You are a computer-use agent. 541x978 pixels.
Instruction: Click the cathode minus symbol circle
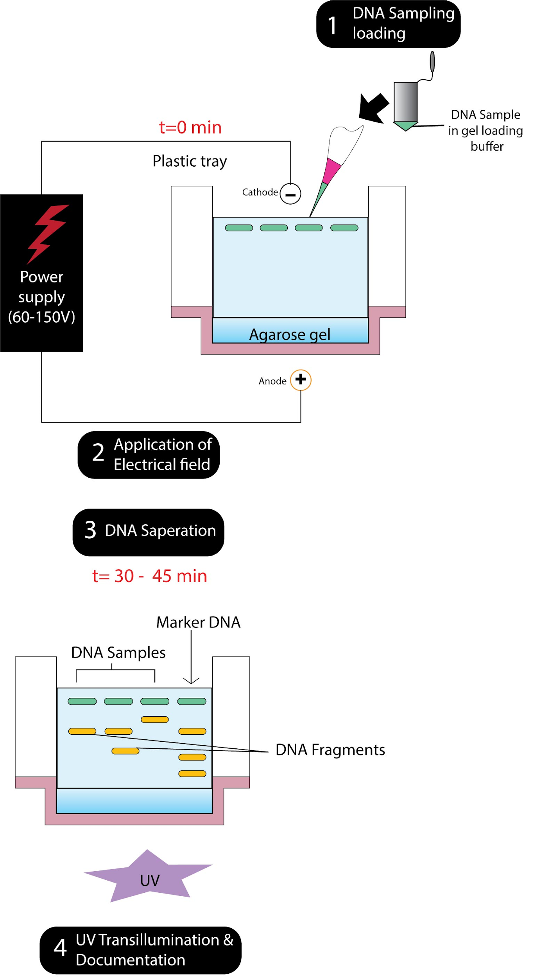coord(290,194)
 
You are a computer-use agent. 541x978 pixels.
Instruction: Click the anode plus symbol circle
coord(300,379)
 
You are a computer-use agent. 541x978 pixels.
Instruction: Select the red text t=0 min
coord(190,128)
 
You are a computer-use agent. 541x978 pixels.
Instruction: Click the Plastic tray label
coord(190,161)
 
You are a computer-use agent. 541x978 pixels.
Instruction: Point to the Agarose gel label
coord(290,334)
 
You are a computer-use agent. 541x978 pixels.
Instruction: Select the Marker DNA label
coord(198,622)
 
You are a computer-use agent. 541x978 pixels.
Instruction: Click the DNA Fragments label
coord(330,750)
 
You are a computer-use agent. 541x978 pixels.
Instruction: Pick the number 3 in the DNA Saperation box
coord(90,530)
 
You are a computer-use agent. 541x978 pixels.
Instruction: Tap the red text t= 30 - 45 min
coord(149,576)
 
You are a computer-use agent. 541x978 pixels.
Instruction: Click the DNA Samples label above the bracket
coord(118,653)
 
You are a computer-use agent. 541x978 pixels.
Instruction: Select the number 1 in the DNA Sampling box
coord(332,25)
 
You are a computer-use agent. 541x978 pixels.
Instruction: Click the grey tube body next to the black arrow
coord(405,102)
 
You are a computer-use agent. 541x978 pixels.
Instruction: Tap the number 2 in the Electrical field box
coord(98,453)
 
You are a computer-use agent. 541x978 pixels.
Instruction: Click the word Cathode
coord(260,192)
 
